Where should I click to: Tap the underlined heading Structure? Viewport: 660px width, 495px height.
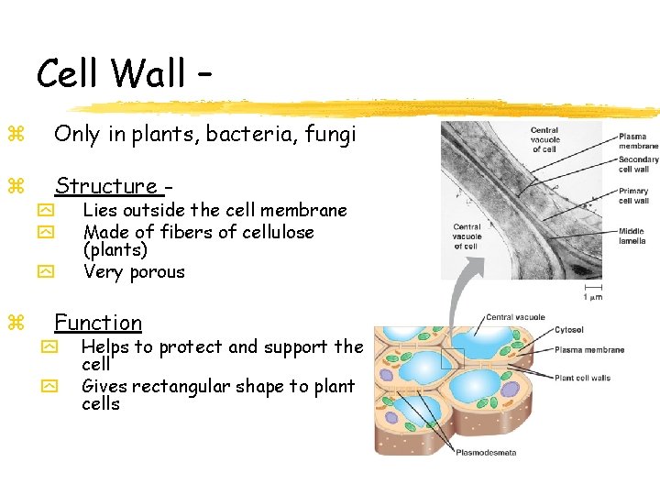click(106, 186)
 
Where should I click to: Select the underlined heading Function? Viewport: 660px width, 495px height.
click(98, 323)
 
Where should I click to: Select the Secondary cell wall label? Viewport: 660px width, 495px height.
click(638, 164)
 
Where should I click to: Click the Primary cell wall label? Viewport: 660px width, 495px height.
click(634, 196)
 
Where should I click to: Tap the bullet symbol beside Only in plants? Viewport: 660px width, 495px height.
click(15, 135)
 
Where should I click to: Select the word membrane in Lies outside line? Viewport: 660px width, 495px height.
click(312, 210)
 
